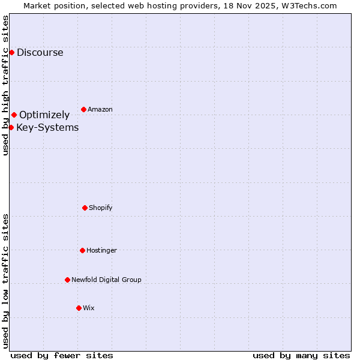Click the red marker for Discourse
[11, 52]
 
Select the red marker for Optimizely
[14, 115]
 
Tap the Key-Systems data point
[11, 127]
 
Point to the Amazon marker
[83, 109]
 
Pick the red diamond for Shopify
[85, 208]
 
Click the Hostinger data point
[82, 250]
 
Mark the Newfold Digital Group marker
[67, 280]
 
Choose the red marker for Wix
[79, 308]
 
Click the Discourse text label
[40, 52]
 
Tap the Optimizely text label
[44, 115]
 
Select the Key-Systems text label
[47, 127]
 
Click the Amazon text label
[100, 109]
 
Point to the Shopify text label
[101, 208]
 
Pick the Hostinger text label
[101, 250]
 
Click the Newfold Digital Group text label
[106, 280]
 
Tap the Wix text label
[89, 308]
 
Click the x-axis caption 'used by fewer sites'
[62, 355]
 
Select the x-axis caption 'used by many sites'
[301, 355]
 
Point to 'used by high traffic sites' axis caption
[5, 85]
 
